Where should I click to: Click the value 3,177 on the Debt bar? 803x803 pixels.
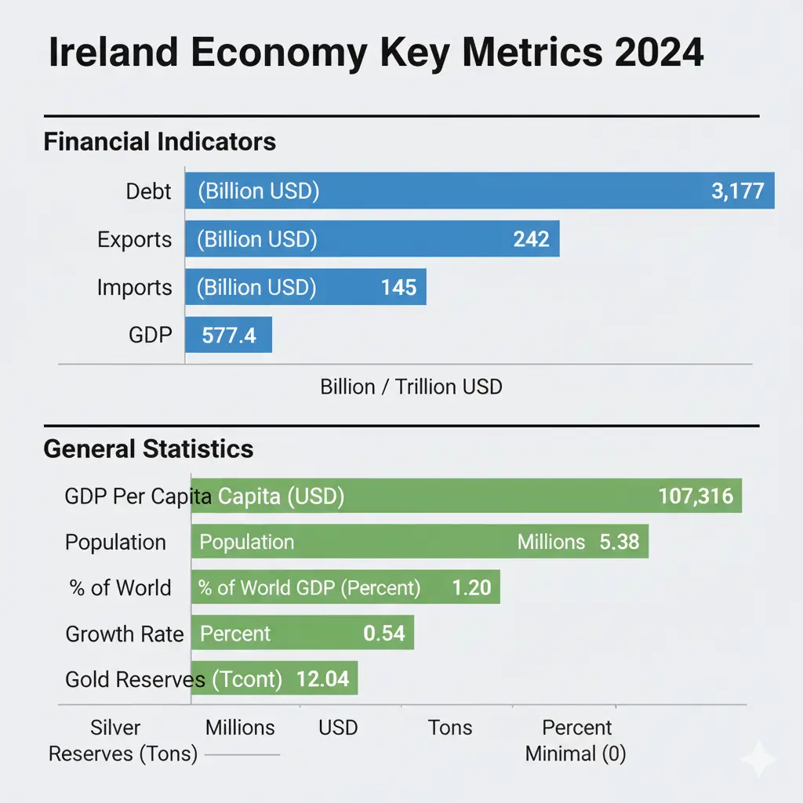[737, 191]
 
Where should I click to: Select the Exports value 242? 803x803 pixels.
[531, 239]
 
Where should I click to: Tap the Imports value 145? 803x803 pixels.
[398, 288]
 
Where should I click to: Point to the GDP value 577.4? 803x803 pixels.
[228, 336]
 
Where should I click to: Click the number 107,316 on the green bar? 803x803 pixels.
[696, 496]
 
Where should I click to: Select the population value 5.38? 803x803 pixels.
[619, 542]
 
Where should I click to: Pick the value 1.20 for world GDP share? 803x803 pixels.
[472, 588]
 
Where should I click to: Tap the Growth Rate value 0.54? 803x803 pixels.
[384, 634]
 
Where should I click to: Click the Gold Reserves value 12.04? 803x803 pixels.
[322, 679]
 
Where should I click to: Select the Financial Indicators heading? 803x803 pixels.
[160, 142]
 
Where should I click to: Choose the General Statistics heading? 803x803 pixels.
[148, 449]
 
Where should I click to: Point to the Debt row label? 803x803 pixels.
[148, 191]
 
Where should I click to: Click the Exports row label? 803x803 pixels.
[134, 239]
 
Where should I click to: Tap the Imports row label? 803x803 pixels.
[134, 288]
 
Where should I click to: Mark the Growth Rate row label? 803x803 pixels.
[125, 634]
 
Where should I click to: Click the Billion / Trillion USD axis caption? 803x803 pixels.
[411, 387]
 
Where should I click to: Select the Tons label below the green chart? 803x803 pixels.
[450, 728]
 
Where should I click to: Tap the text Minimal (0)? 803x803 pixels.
[576, 754]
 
